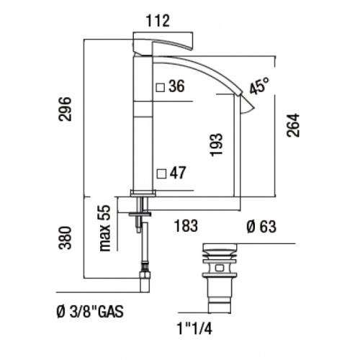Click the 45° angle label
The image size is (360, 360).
259,87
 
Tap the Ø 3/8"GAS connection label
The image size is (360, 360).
89,312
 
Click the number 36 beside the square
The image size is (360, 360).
176,88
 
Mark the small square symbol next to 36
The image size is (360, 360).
161,88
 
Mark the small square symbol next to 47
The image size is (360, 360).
161,173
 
